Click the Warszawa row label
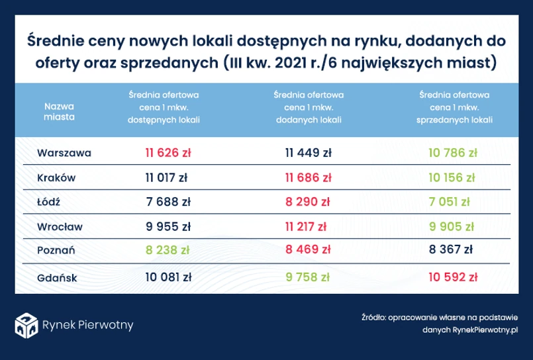coord(64,153)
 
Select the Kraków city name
coord(57,177)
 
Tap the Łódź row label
coord(50,202)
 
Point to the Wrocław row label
coord(60,226)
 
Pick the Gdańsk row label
coord(58,277)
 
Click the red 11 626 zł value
coord(168,153)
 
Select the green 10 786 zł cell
coord(452,153)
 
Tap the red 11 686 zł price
coord(308,177)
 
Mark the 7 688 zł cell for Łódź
coord(168,202)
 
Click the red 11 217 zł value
coord(306,226)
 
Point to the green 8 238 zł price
coord(168,250)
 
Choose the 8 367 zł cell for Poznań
coord(452,250)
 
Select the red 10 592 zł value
coord(453,277)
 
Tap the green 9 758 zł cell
coord(308,277)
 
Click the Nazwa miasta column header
coord(60,111)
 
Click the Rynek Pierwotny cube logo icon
coord(26,324)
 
